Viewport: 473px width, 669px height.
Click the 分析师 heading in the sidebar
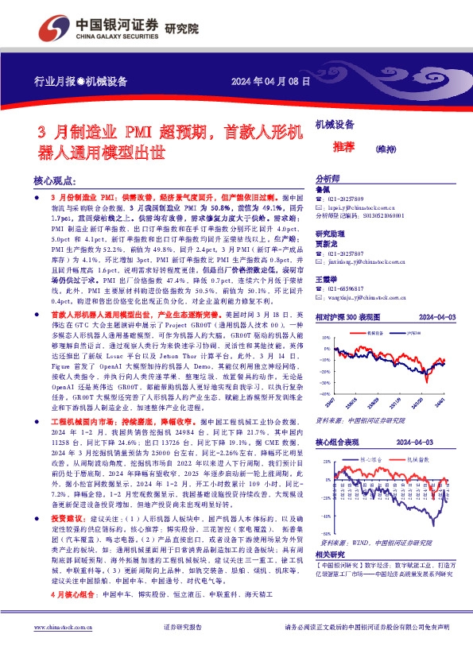click(329, 180)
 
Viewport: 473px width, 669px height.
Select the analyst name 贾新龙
click(328, 245)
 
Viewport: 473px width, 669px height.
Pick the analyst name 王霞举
click(328, 279)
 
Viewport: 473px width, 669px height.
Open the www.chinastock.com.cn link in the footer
click(63, 649)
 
